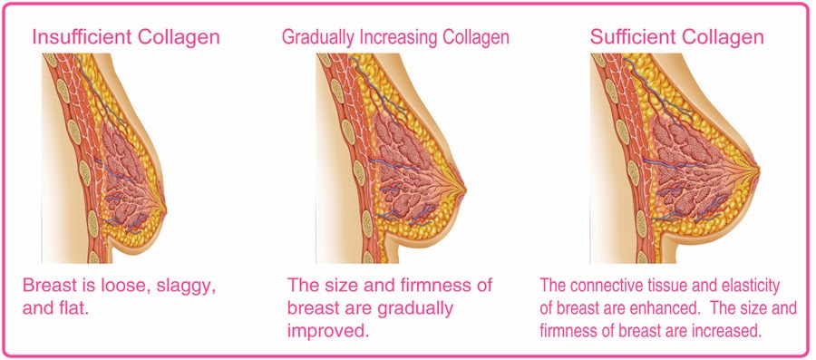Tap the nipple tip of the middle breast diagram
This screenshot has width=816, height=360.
tap(466, 190)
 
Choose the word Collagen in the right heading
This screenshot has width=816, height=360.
tap(723, 37)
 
